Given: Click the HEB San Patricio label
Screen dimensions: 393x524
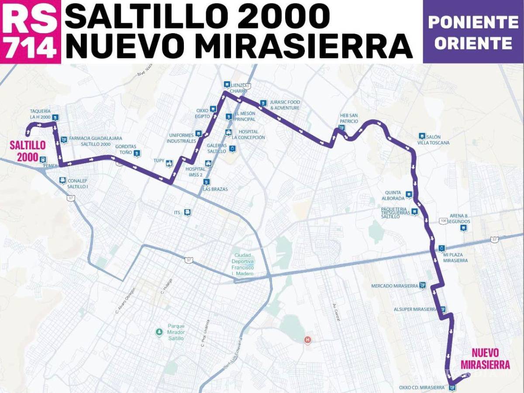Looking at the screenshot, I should tap(349, 118).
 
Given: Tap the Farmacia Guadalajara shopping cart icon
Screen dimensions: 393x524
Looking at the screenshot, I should tap(64, 140).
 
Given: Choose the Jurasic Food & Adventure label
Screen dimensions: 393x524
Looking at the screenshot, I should tap(285, 105).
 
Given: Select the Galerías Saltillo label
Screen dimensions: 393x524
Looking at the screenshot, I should tap(217, 148).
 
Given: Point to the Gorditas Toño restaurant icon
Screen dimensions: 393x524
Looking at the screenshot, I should tap(137, 153).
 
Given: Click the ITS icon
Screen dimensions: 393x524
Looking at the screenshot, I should tap(187, 212).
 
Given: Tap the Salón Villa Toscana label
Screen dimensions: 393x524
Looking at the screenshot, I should tap(433, 140).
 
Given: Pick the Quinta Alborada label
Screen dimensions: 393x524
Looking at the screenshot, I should tap(395, 195).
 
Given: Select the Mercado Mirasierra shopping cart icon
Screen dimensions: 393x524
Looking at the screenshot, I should tap(422, 285).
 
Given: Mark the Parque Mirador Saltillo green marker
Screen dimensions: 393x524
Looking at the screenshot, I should tap(159, 332).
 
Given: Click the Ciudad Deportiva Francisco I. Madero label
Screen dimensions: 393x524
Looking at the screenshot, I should tap(243, 265).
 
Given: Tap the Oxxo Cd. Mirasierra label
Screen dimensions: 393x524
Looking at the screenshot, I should tap(422, 387).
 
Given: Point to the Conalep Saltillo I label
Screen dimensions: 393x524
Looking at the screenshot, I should tap(78, 183).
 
